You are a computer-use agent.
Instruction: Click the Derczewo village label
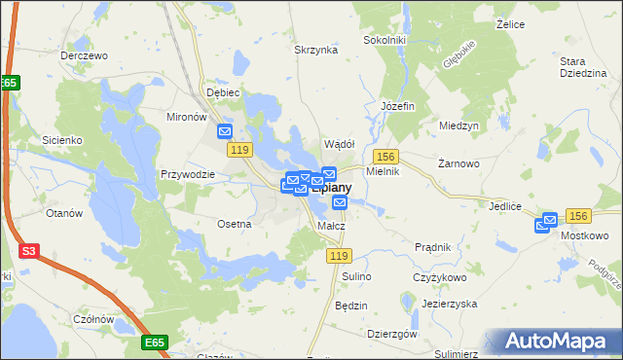point(83,55)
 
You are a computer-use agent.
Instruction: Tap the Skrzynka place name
point(315,49)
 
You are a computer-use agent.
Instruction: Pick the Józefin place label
point(398,104)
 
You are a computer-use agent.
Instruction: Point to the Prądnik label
point(432,247)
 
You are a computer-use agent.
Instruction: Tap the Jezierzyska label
point(449,304)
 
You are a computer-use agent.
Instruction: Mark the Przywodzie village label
point(187,174)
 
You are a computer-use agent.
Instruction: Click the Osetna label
point(235,223)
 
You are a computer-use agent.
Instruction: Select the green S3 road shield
point(29,251)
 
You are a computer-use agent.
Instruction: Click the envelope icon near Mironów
point(226,131)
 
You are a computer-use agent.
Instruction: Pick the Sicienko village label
point(61,140)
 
